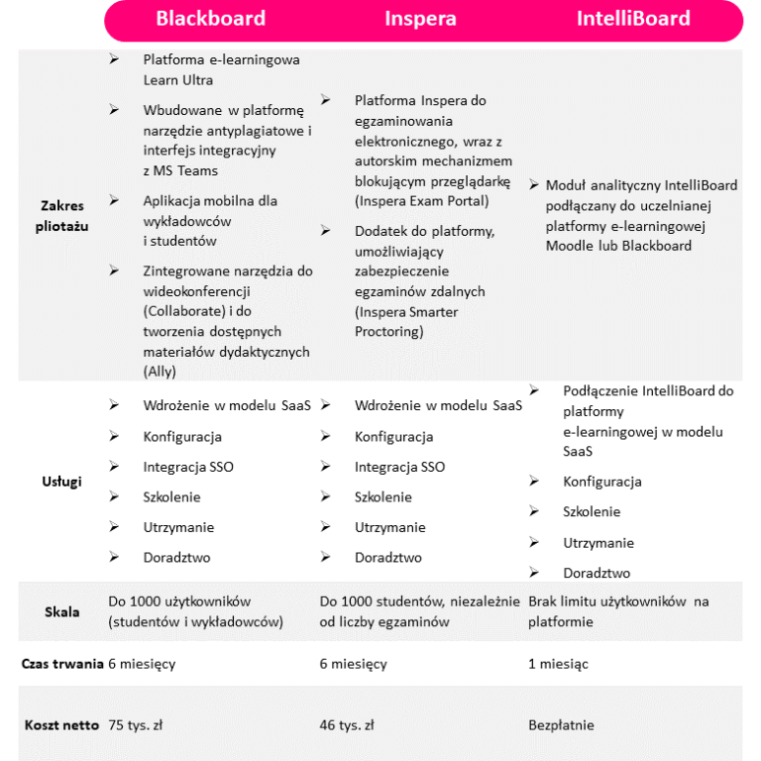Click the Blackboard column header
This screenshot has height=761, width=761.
[210, 19]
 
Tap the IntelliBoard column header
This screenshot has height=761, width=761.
[633, 19]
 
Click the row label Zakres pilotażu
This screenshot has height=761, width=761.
[62, 215]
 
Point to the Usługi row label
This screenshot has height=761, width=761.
[62, 482]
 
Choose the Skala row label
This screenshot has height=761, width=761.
[62, 611]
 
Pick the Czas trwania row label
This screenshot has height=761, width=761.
[62, 664]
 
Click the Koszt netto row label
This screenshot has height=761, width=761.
[61, 725]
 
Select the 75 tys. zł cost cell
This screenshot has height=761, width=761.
[136, 725]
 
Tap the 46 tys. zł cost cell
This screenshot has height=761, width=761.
[347, 725]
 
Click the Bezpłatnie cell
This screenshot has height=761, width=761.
[561, 725]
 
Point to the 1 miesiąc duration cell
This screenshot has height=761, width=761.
[558, 664]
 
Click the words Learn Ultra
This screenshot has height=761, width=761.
[177, 80]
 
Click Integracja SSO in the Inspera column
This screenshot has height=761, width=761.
[399, 467]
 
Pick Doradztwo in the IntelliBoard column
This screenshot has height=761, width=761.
[597, 574]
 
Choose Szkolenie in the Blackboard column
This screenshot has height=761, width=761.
[171, 497]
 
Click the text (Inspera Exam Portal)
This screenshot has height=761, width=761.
[421, 201]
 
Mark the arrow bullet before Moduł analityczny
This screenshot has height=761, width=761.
[534, 185]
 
